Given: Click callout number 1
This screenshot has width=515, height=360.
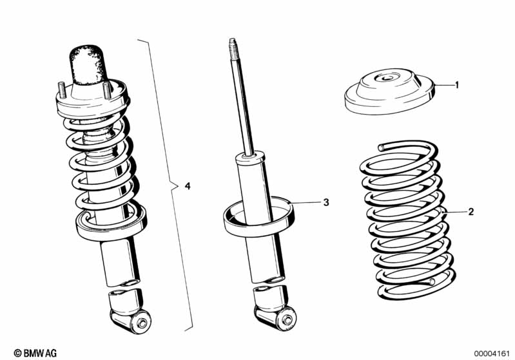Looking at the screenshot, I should (457, 84).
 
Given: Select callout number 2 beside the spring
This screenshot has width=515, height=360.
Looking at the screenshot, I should (471, 211).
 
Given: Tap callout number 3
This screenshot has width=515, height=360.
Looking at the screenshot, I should (326, 202).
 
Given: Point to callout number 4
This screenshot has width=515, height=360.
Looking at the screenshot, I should (188, 186).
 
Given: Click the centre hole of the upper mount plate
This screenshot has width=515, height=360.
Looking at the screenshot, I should (385, 80).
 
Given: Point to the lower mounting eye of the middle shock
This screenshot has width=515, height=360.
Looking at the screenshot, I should (283, 316).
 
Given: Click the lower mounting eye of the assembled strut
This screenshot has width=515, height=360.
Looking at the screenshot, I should (140, 319).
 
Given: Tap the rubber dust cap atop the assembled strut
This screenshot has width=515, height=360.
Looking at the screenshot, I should (87, 64).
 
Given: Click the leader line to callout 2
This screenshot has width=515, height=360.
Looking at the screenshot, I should (454, 211).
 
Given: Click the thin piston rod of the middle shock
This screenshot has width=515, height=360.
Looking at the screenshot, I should (241, 103).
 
